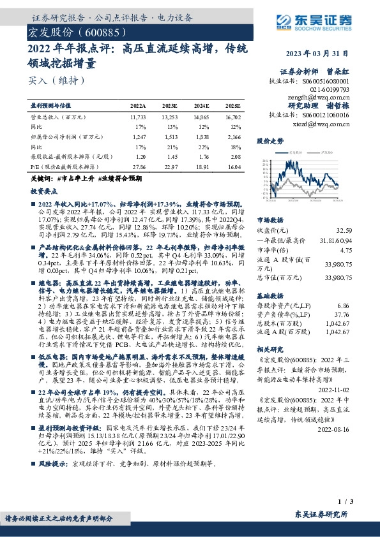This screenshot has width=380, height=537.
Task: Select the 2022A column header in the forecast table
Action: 138,105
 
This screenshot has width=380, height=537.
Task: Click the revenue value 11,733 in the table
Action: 138,117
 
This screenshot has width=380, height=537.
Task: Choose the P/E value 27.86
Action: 138,165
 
